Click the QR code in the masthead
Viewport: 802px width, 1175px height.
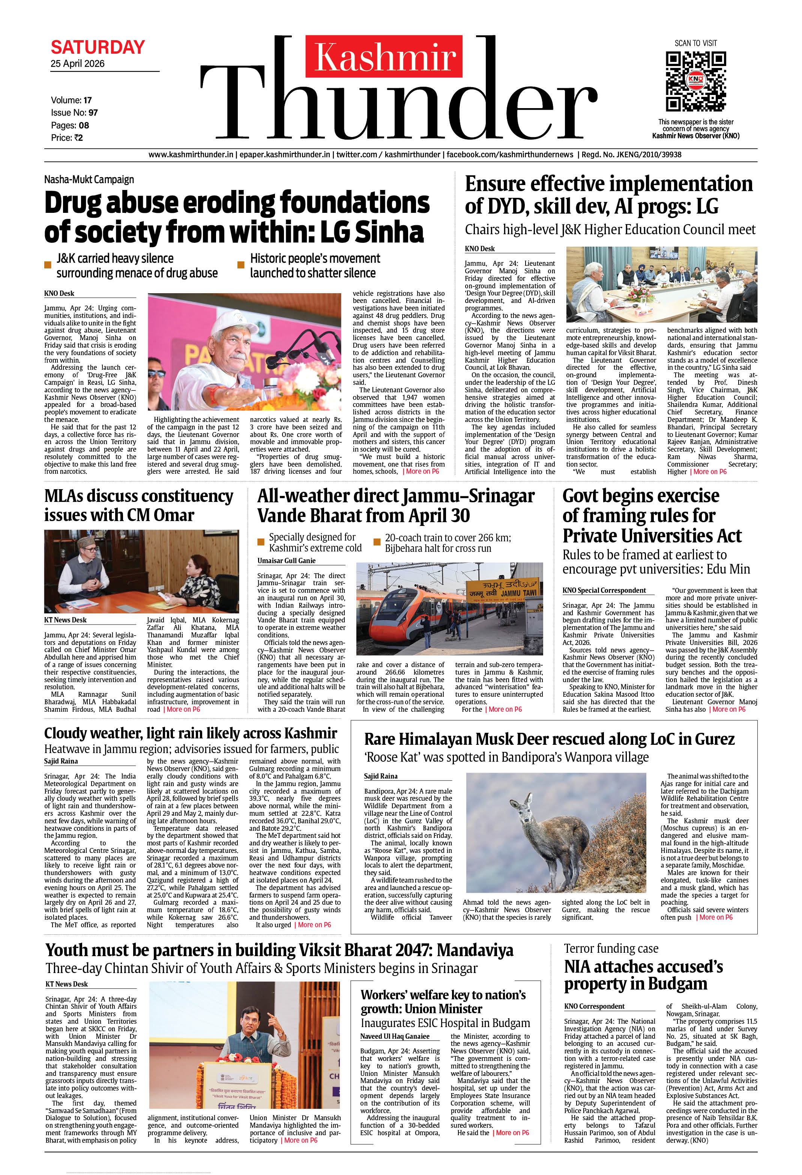click(695, 81)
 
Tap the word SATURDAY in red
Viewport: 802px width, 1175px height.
click(98, 48)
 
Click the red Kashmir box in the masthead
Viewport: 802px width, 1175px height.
click(384, 56)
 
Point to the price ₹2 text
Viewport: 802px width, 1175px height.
click(67, 137)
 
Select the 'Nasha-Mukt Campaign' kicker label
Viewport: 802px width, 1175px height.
click(89, 179)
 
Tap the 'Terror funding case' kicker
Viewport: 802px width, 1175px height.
click(611, 949)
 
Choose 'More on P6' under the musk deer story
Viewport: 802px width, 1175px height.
click(716, 917)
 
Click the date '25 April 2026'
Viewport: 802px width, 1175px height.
click(77, 64)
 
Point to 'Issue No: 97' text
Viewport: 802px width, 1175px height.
click(74, 113)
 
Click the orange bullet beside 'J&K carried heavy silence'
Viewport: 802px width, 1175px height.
click(48, 265)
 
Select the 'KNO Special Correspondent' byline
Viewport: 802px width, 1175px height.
click(604, 591)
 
